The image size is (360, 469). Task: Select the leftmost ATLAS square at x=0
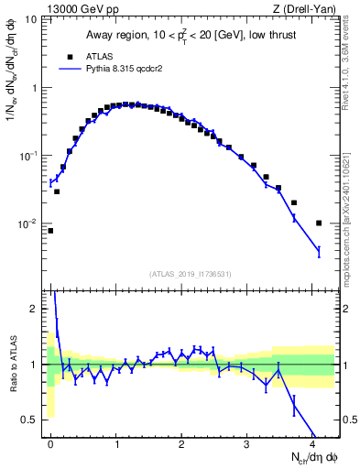point(50,231)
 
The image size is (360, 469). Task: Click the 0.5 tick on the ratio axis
point(32,420)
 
